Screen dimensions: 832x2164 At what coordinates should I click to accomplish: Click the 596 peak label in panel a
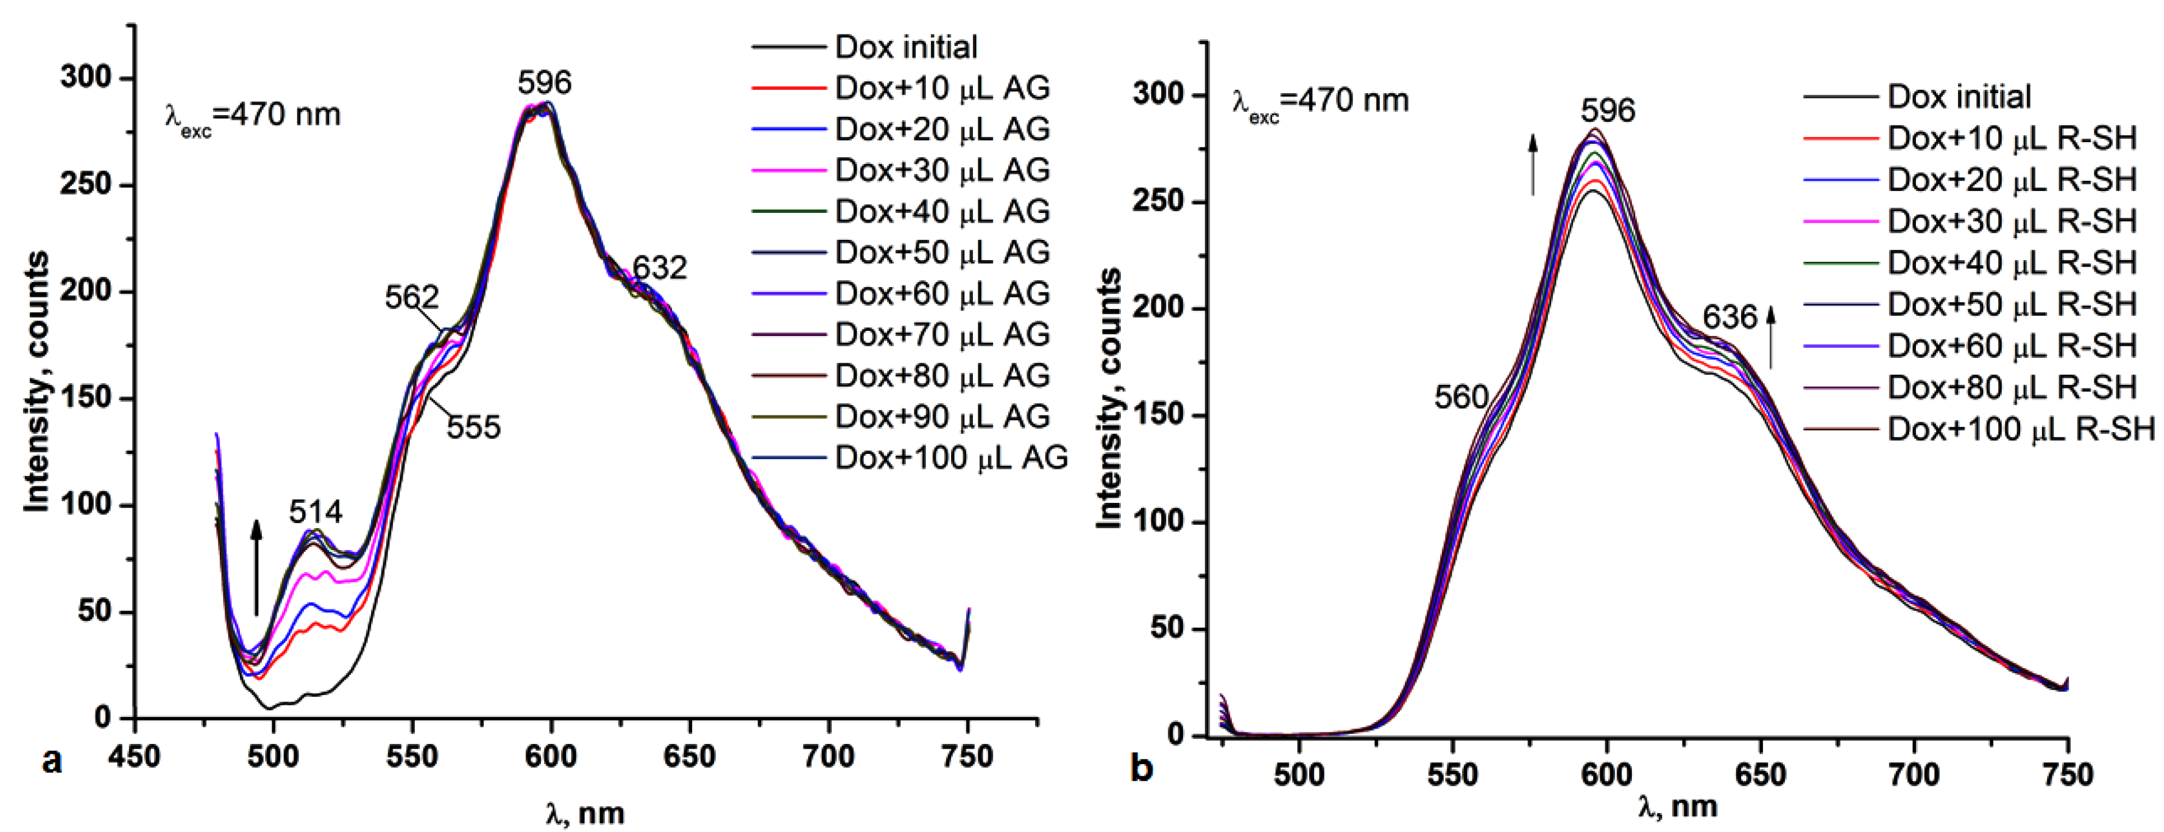pyautogui.click(x=544, y=82)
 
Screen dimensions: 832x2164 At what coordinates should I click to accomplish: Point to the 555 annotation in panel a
pyautogui.click(x=473, y=427)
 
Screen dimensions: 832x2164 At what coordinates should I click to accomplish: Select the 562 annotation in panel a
pyautogui.click(x=411, y=297)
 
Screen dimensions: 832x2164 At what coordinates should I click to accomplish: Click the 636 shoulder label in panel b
pyautogui.click(x=1730, y=318)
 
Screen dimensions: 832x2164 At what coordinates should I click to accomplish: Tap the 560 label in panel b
pyautogui.click(x=1461, y=396)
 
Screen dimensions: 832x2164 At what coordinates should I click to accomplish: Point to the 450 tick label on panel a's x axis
pyautogui.click(x=135, y=757)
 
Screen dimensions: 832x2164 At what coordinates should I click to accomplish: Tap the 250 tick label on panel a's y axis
pyautogui.click(x=86, y=184)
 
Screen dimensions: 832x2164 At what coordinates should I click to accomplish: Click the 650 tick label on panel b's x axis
pyautogui.click(x=1760, y=774)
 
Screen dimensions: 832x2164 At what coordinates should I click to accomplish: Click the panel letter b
pyautogui.click(x=1141, y=768)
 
